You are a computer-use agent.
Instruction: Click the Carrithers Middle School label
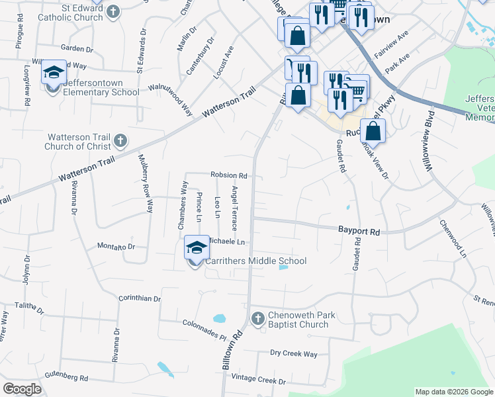point(255,261)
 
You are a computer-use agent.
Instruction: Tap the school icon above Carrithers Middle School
point(197,247)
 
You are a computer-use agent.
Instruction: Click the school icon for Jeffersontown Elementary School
point(53,73)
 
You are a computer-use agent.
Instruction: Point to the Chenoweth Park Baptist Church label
point(298,320)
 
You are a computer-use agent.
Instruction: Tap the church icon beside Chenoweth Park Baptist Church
point(258,320)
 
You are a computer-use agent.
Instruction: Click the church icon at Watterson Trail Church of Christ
point(120,140)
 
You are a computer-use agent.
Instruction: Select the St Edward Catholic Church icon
point(113,12)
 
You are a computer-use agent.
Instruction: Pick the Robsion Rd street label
point(228,176)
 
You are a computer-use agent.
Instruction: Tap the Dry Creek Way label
point(294,354)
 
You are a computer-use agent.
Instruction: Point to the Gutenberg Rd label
point(66,378)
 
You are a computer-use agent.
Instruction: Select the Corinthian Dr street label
point(140,298)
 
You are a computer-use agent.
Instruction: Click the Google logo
point(22,389)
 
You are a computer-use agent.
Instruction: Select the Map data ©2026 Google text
point(454,392)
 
